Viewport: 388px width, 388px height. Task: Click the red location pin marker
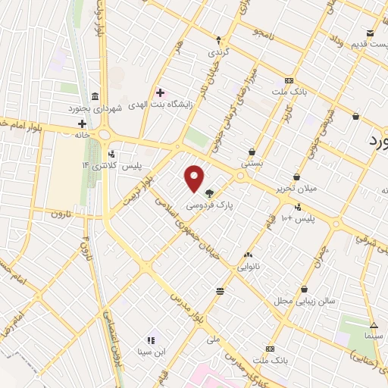[x=195, y=177]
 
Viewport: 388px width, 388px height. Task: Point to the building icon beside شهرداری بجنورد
[x=94, y=96]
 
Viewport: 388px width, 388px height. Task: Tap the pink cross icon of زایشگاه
[x=160, y=92]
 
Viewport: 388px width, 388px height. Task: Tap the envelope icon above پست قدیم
[x=370, y=33]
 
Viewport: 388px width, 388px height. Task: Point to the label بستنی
[x=250, y=163]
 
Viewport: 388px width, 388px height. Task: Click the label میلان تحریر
[x=296, y=187]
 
